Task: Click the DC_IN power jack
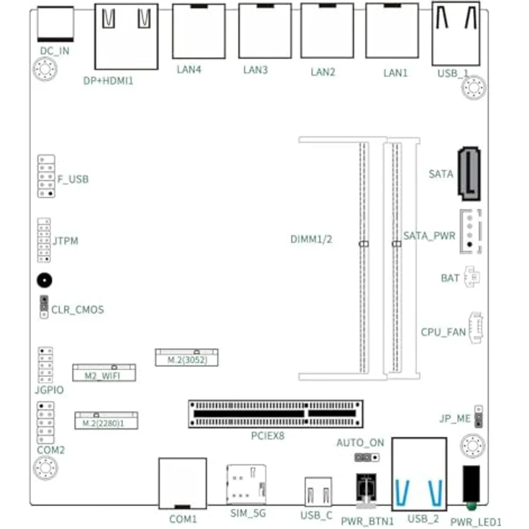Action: click(x=55, y=24)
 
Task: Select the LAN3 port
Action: click(x=265, y=31)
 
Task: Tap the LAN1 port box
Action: click(x=392, y=31)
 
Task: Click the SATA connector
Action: click(x=469, y=174)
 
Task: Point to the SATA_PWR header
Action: click(x=471, y=231)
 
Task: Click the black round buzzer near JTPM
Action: click(x=45, y=280)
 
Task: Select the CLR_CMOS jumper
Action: click(x=44, y=307)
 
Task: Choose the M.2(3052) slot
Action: click(x=187, y=358)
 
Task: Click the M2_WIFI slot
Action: click(x=104, y=373)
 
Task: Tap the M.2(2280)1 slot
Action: click(x=106, y=420)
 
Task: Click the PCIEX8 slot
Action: click(x=275, y=414)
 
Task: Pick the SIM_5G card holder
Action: click(x=247, y=484)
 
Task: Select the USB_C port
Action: click(x=318, y=492)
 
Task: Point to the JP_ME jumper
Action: click(x=479, y=417)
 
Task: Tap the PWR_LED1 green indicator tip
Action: click(x=471, y=506)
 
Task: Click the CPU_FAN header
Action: click(x=476, y=328)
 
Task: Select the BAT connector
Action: click(x=472, y=277)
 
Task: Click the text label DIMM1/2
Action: click(x=311, y=239)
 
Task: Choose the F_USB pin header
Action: click(x=46, y=176)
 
